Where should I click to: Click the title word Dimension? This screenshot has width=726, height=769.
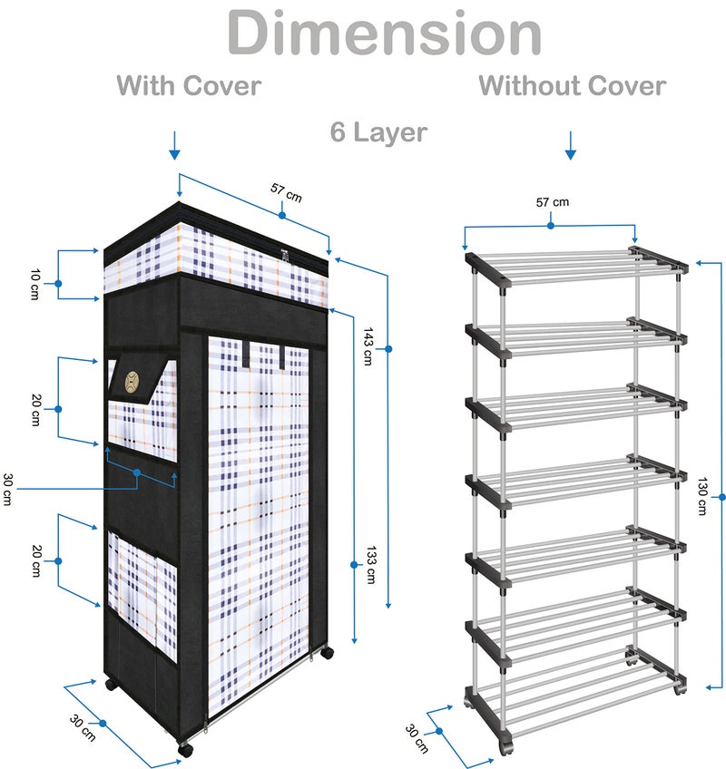click(384, 33)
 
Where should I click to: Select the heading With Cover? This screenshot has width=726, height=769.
click(189, 86)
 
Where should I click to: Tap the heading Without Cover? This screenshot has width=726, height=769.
click(573, 86)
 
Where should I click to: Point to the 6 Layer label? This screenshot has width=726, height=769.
click(378, 132)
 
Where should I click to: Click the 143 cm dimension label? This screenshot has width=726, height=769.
click(368, 346)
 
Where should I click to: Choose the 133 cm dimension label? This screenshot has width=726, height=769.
click(371, 564)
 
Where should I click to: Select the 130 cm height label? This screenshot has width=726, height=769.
click(701, 496)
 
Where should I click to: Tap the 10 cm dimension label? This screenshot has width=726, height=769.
click(34, 284)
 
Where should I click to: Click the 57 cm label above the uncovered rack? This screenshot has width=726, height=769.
click(553, 202)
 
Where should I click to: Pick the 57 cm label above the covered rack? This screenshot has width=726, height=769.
click(286, 193)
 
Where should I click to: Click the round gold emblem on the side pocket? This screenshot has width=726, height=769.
click(132, 382)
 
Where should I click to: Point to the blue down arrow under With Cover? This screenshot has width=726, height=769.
click(174, 146)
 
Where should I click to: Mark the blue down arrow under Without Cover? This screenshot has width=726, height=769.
click(570, 146)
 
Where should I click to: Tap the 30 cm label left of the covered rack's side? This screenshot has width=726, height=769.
click(7, 489)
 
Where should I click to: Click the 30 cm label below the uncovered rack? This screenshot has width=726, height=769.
click(417, 738)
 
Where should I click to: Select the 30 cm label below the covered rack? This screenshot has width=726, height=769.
click(83, 728)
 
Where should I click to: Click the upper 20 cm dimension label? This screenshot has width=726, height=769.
click(35, 410)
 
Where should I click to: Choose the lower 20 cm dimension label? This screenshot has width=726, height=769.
click(35, 560)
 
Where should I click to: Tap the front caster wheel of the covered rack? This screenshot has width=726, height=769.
click(185, 749)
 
